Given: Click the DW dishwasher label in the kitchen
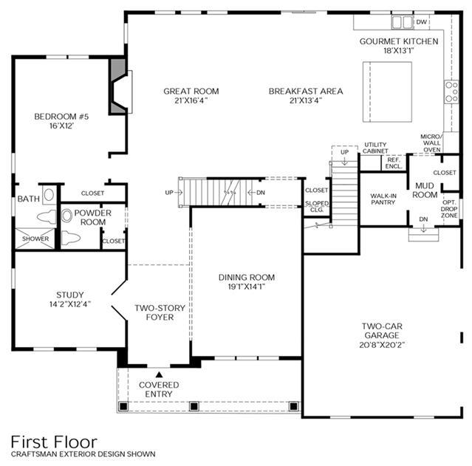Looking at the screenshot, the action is point(422,22).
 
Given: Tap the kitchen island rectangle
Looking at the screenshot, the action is point(387,92).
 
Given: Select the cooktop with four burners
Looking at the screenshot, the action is point(451,92).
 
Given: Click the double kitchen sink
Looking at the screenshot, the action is point(402,22).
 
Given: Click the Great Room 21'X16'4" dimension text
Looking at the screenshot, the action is point(191,100).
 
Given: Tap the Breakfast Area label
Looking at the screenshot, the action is point(306,92).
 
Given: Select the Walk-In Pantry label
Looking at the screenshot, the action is point(383,199).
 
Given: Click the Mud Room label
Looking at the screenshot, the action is point(425,191).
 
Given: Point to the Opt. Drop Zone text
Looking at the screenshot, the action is point(449,209).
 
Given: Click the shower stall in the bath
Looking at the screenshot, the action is point(35,239).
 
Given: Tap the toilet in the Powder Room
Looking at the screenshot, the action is point(71,238).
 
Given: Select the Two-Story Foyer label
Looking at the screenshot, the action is point(160,312).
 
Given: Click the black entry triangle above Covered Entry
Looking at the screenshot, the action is point(160,374).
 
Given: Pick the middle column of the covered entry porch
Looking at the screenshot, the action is point(194,406).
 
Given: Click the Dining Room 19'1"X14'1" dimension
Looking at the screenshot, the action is point(247,287).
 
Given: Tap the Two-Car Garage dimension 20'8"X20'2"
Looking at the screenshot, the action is point(382,345).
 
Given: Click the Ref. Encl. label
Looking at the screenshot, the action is point(394,163).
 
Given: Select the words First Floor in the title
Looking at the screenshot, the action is point(54,442).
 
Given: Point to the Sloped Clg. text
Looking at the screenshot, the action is point(317,207).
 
